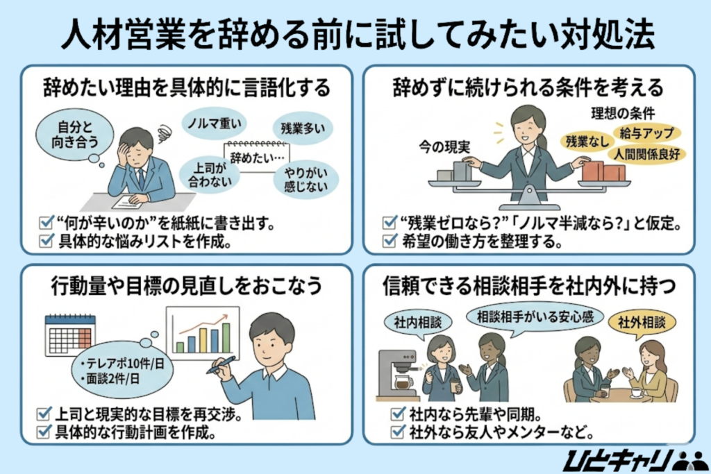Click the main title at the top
tap(355, 34)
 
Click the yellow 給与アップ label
tap(646, 133)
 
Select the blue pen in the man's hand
tap(221, 365)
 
